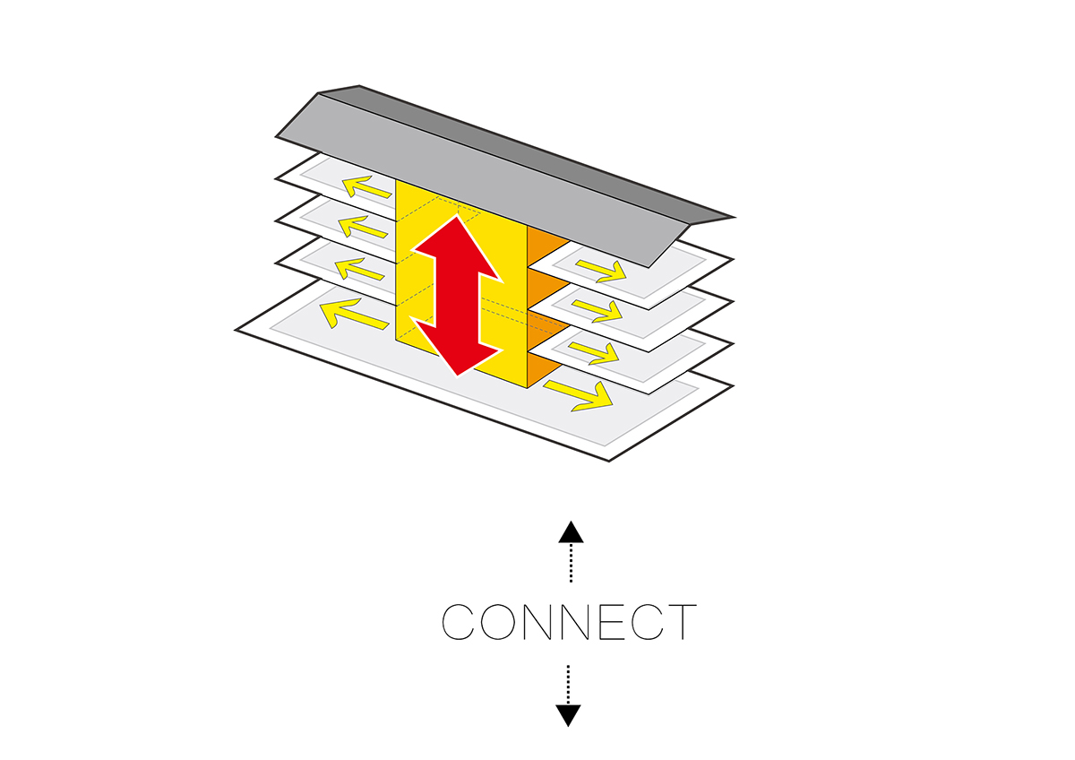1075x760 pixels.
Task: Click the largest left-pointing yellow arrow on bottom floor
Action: click(346, 313)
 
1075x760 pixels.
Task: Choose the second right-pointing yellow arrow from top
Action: click(598, 310)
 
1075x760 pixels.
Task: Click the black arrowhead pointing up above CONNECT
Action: click(571, 533)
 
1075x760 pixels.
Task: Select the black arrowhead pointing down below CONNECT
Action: click(568, 714)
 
